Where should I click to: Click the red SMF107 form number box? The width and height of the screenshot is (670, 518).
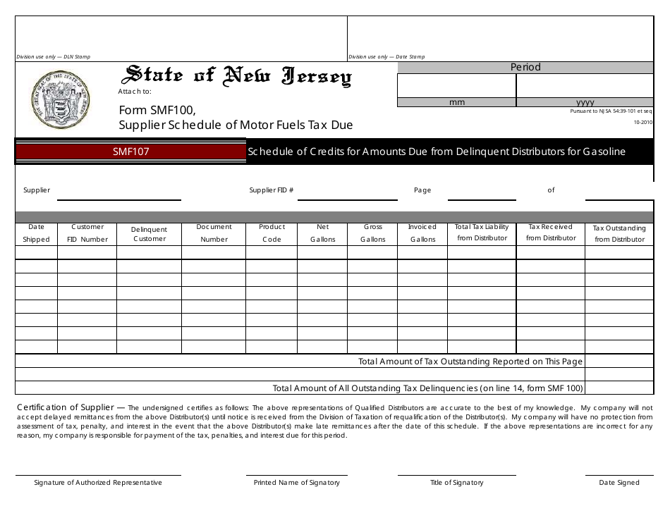coord(130,152)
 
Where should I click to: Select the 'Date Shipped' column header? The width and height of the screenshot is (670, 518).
coord(36,233)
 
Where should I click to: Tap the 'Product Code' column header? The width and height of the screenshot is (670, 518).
coord(272,233)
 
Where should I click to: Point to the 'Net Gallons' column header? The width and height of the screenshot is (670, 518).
coord(322,233)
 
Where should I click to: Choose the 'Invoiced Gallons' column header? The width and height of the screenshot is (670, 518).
coord(422,233)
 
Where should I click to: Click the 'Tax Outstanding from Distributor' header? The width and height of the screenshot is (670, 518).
coord(619,234)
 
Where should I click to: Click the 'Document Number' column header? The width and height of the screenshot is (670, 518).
coord(214,233)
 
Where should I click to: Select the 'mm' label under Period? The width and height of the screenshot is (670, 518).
coord(457,102)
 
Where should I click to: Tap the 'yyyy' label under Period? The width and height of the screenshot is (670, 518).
coord(585,102)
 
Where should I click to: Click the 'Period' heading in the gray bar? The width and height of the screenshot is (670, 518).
coord(525,67)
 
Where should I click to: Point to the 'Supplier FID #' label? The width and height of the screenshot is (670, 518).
coord(271,190)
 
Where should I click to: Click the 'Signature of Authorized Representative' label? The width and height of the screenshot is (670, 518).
coord(98,483)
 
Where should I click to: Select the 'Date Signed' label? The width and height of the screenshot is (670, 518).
coord(619,483)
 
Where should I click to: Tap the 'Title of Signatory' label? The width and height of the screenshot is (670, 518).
coord(457,483)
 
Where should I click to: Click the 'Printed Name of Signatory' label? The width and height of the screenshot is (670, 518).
coord(297,483)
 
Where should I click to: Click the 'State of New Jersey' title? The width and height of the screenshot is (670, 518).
coord(238,76)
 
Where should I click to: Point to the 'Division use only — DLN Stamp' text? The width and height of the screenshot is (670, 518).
coord(54,57)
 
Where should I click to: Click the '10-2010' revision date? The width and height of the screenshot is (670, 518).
coord(642,122)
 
